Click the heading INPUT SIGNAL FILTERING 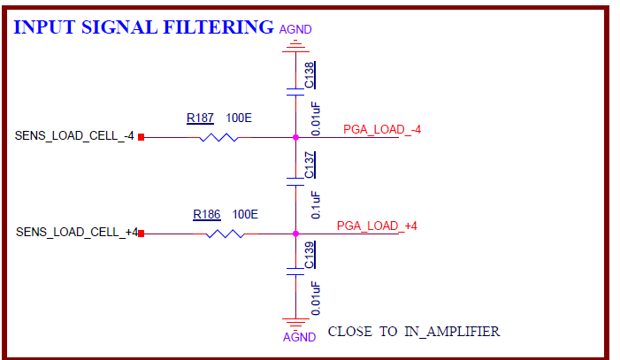(x=143, y=27)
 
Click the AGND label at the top (x=295, y=29)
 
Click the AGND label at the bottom (x=299, y=337)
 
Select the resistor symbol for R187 (x=218, y=137)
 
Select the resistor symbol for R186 (x=226, y=234)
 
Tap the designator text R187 (x=200, y=118)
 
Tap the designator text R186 (x=207, y=214)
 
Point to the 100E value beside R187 (x=239, y=118)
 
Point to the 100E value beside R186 (x=245, y=214)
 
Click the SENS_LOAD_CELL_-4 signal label (x=74, y=136)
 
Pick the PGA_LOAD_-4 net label (x=382, y=130)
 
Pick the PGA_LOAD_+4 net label (x=377, y=226)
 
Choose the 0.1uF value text (x=316, y=205)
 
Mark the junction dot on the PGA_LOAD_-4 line (x=295, y=137)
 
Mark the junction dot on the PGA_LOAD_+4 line (x=295, y=234)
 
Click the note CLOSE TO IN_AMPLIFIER (x=413, y=332)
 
